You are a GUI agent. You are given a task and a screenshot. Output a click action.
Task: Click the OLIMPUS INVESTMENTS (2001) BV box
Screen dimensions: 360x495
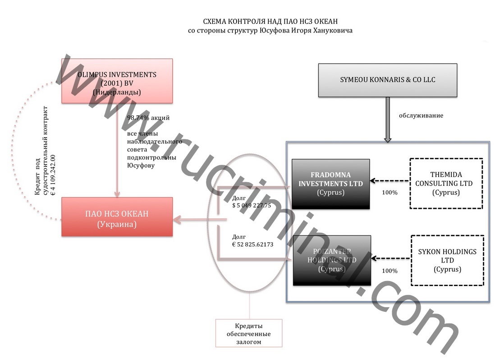(x=117, y=81)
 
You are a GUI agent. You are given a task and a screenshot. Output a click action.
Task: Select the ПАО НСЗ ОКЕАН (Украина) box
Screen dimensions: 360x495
(x=117, y=217)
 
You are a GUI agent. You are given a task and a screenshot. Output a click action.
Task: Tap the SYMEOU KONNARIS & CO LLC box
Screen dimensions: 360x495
(x=387, y=80)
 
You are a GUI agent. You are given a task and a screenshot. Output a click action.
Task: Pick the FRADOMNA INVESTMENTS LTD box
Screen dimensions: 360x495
(x=330, y=184)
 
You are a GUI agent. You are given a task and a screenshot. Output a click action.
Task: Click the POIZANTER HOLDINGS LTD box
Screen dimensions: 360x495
(x=332, y=260)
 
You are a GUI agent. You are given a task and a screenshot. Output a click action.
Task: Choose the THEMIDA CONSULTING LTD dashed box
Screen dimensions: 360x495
(x=446, y=183)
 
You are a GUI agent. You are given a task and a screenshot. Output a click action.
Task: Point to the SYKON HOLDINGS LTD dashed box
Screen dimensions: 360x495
(x=447, y=260)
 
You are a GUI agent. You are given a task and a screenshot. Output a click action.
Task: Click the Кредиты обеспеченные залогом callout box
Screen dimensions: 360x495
(x=249, y=333)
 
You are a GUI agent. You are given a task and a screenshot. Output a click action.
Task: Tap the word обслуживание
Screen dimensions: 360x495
(x=421, y=115)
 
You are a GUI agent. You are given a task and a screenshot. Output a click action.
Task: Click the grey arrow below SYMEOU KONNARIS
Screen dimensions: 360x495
(x=387, y=120)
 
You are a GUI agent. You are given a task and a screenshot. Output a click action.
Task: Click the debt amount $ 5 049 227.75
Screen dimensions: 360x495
(x=251, y=206)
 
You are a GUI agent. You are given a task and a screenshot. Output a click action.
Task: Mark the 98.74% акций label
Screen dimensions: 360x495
(x=148, y=118)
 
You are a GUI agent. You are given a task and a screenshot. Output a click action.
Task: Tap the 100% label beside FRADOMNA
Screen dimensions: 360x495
(x=390, y=193)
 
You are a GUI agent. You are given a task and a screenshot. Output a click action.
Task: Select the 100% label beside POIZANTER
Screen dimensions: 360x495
(x=390, y=271)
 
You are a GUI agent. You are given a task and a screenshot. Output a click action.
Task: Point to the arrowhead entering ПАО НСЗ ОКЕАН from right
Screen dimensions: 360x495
(x=178, y=220)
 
